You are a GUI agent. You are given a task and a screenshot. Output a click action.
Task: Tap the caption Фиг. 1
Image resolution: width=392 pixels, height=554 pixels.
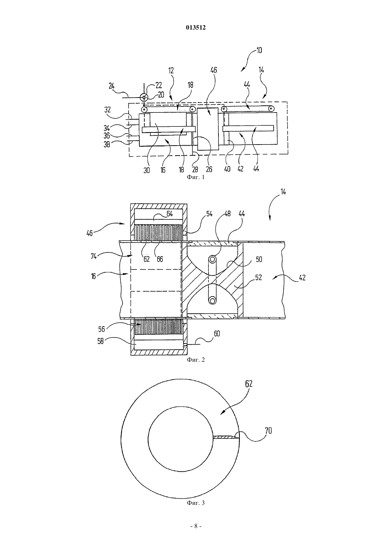click(196, 177)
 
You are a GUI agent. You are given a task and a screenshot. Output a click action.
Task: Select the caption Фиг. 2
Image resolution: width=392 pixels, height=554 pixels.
click(196, 360)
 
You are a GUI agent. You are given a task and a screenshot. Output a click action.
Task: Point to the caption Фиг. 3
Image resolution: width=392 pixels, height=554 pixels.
click(196, 503)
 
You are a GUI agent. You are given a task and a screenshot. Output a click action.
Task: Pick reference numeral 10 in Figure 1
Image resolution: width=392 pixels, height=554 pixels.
click(259, 51)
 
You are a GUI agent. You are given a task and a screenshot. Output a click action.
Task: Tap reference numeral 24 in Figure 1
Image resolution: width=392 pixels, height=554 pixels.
click(112, 86)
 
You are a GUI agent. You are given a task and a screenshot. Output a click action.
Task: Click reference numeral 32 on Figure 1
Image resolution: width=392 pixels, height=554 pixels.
click(107, 110)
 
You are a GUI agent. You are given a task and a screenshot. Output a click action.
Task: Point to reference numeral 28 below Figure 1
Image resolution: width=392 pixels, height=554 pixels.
click(195, 170)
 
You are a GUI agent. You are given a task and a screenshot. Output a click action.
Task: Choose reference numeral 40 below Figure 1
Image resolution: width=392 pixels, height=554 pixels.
click(227, 169)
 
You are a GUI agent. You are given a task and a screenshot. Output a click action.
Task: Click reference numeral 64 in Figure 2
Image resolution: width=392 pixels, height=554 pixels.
click(170, 214)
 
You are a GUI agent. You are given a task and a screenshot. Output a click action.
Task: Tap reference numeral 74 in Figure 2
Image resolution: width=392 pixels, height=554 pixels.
click(93, 256)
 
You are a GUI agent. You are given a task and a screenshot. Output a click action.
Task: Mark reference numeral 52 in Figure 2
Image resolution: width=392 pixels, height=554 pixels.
click(258, 277)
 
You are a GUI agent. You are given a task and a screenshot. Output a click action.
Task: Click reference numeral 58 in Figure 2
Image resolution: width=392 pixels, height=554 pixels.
click(100, 342)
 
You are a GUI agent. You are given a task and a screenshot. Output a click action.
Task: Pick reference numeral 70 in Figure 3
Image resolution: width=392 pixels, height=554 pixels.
click(268, 431)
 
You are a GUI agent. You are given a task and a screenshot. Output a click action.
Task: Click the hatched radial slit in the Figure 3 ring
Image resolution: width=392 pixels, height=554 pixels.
click(226, 438)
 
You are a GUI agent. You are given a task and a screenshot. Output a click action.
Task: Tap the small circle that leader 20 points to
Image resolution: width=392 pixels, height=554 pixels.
click(144, 97)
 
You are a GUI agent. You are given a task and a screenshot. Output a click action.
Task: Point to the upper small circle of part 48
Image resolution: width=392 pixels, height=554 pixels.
click(212, 259)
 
